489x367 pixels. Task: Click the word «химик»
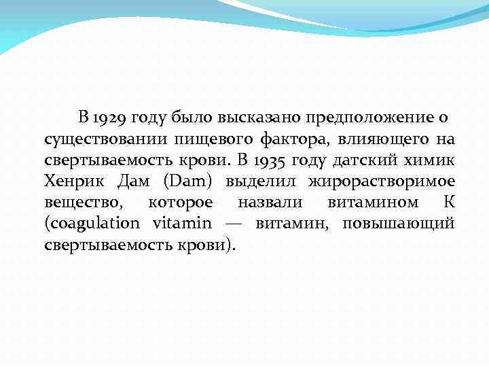(431, 161)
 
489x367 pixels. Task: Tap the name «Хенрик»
(71, 182)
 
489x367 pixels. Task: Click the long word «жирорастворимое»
(382, 182)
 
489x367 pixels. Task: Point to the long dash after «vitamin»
(234, 224)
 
